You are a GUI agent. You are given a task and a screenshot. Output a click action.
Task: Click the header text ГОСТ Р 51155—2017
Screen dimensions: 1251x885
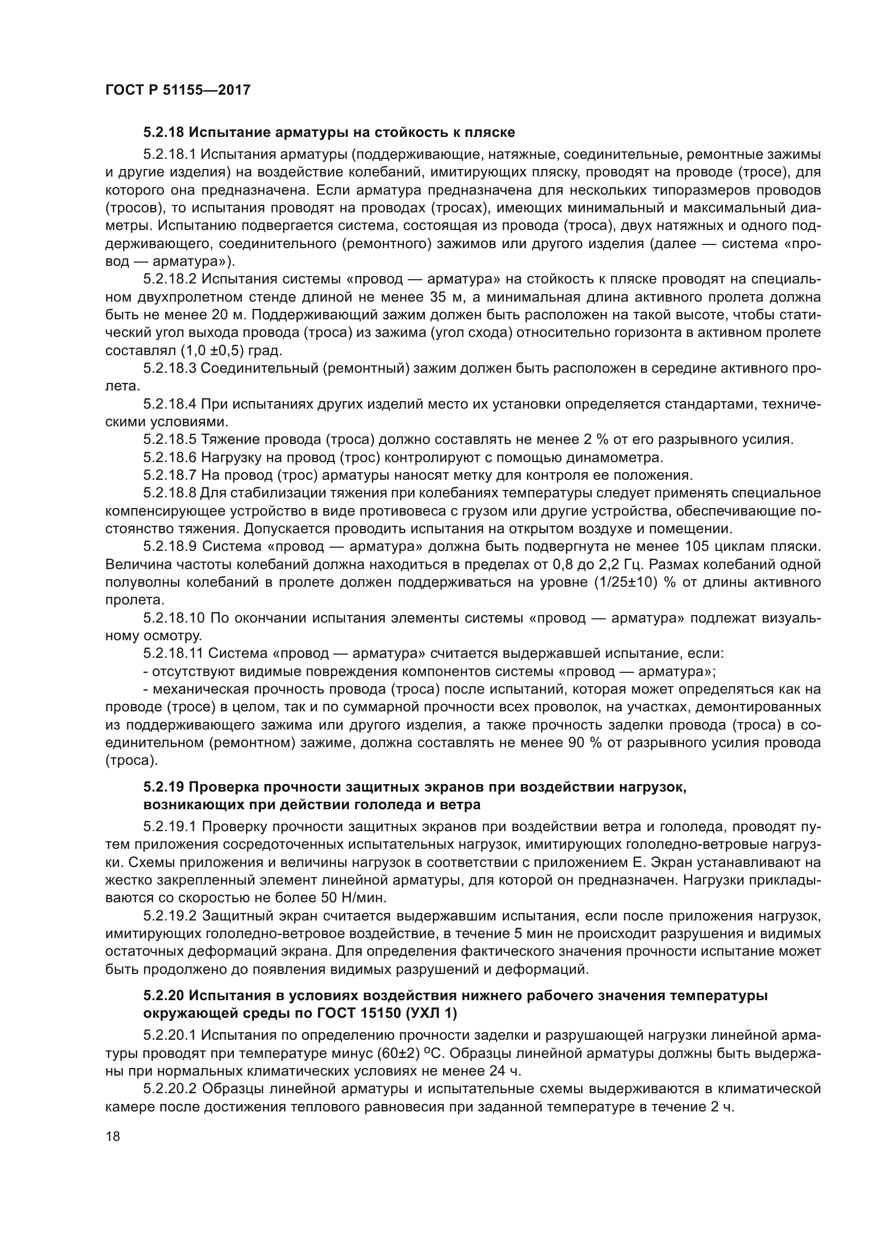tap(178, 90)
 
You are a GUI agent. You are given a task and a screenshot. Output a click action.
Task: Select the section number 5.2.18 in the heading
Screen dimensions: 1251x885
tap(164, 133)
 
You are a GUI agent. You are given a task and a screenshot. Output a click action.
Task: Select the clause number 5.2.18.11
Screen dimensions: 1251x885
tap(173, 653)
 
